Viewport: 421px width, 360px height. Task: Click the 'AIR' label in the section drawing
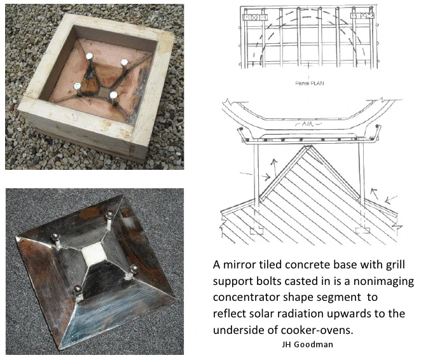(x=308, y=124)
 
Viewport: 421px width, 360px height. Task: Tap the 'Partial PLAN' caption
(x=309, y=83)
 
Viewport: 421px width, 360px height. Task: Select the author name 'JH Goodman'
(x=307, y=345)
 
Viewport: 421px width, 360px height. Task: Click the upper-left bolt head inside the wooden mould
(x=89, y=57)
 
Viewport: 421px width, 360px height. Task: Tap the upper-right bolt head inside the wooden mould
(x=124, y=62)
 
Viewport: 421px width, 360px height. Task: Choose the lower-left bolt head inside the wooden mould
(x=77, y=86)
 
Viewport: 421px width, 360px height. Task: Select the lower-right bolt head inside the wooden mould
(x=114, y=95)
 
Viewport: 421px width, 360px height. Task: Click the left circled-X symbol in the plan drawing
(x=254, y=17)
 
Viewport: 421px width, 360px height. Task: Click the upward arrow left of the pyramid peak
(x=274, y=167)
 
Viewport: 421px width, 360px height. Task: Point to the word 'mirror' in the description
(x=239, y=265)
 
